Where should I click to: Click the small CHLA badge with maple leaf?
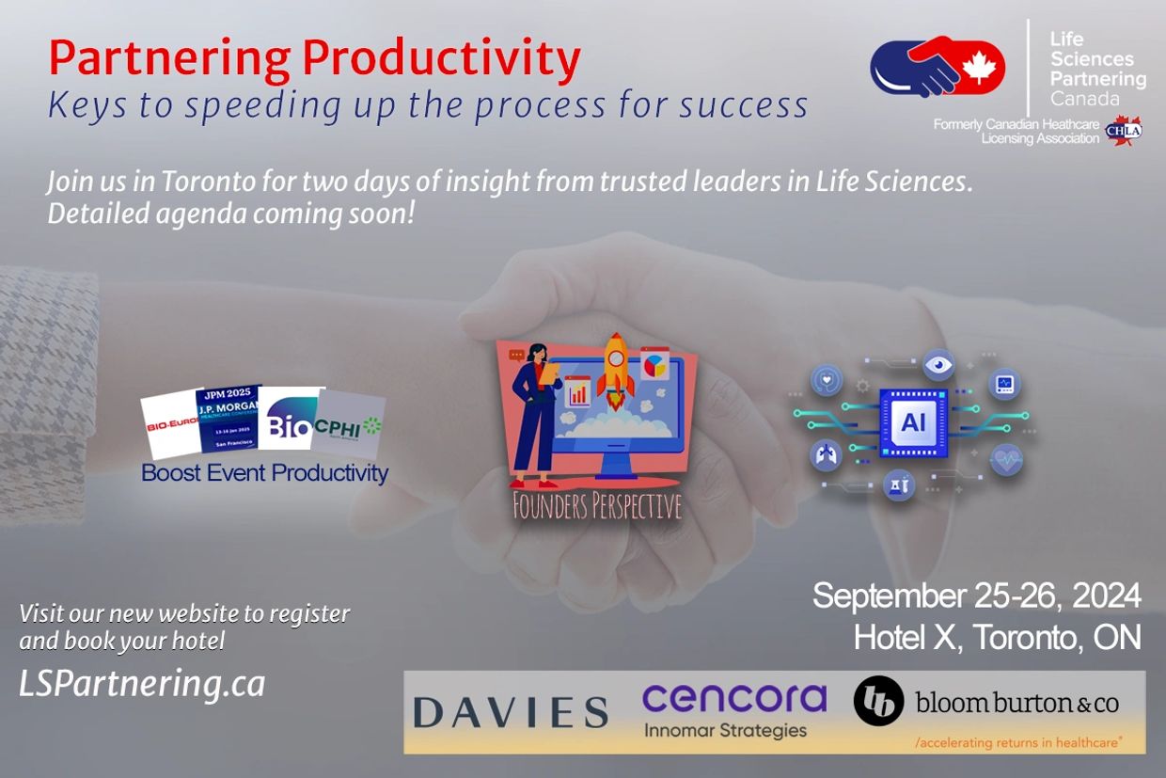tap(1125, 131)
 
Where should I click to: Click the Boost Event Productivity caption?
tap(264, 472)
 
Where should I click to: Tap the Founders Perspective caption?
tap(596, 507)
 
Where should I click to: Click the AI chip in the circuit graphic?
tap(912, 422)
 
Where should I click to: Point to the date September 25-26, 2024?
tap(976, 595)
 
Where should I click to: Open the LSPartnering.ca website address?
tap(142, 684)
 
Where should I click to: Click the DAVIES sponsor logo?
tap(511, 712)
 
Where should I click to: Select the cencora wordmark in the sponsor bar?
tap(733, 699)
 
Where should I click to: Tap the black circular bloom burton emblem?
tap(878, 701)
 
